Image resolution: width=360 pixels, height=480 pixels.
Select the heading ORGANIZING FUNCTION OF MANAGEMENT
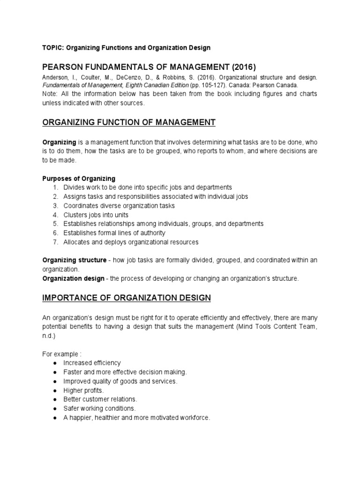click(129, 123)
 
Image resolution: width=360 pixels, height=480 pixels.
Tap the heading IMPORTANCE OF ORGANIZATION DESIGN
click(127, 298)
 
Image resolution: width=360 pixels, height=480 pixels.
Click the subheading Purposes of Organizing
click(79, 179)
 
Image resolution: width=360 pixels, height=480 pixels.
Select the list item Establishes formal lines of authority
click(114, 233)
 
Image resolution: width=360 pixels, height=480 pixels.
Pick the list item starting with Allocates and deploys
click(131, 242)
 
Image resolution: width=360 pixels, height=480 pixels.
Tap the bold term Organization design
click(74, 278)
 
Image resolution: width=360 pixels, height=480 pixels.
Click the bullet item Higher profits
click(84, 390)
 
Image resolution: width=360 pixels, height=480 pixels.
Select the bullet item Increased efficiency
click(92, 363)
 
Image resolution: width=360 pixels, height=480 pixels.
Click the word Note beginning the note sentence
click(51, 94)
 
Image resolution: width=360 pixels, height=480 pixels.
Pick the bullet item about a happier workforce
click(137, 417)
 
